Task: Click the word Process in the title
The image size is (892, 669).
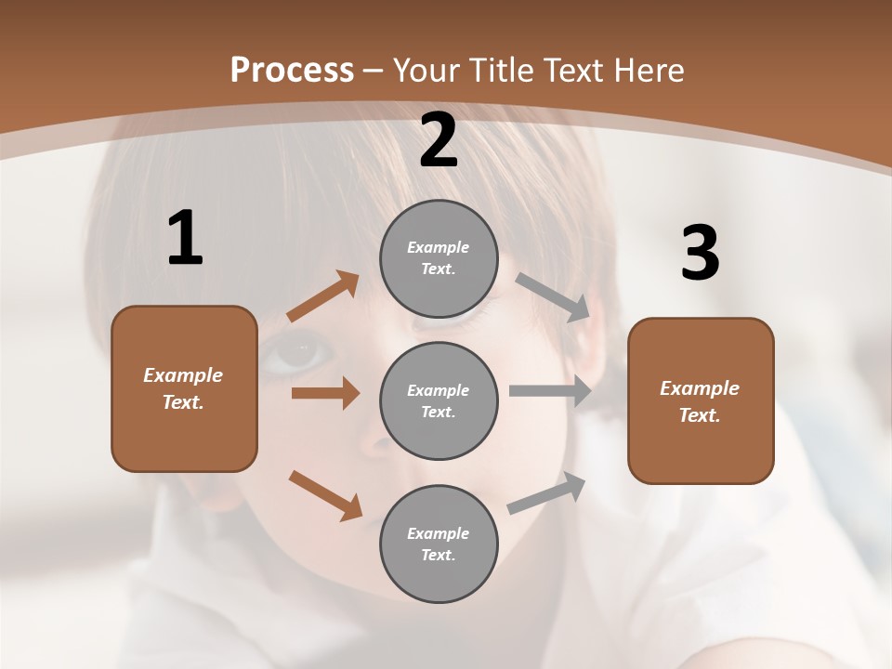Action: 292,70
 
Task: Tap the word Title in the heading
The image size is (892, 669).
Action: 502,70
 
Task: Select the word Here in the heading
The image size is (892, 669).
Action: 648,70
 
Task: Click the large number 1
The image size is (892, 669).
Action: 185,239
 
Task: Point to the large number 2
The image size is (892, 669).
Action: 439,141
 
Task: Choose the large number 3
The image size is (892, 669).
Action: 700,254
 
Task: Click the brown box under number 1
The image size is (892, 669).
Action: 184,388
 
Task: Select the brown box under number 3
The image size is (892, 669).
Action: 701,400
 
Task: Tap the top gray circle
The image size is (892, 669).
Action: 439,258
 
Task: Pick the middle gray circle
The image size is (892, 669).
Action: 439,400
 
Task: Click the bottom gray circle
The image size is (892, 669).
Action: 439,544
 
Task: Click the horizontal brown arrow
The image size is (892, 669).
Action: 325,393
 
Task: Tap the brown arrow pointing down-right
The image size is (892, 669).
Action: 325,495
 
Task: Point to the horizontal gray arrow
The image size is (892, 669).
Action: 550,391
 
